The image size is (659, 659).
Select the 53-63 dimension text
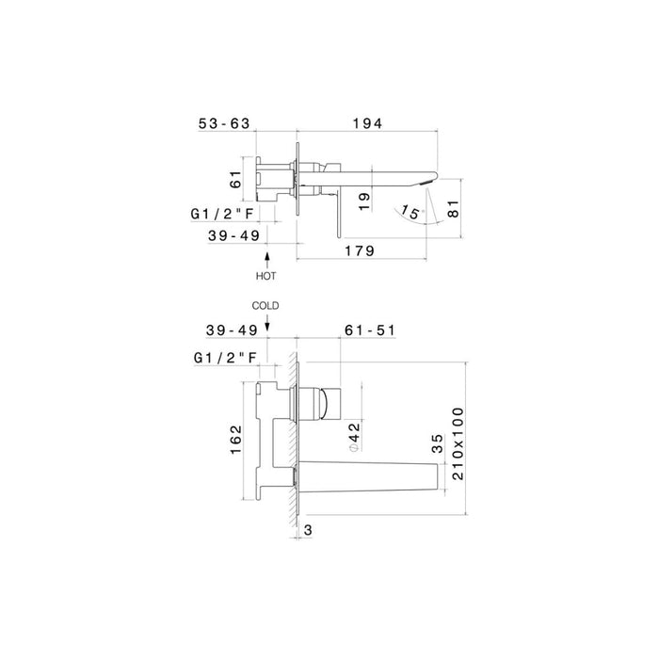coord(225,123)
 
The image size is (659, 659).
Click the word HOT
coord(267,276)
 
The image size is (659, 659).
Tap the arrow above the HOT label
coord(267,258)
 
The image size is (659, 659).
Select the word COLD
coord(267,306)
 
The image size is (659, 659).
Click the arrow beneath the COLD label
coord(267,325)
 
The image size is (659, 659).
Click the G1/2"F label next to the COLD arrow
coord(224,358)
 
